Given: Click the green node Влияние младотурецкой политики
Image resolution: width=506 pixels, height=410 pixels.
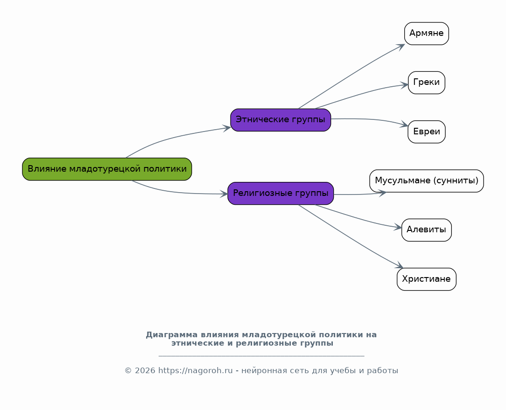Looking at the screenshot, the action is click(107, 169).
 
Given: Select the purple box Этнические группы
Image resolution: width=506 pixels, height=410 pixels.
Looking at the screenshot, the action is click(281, 120).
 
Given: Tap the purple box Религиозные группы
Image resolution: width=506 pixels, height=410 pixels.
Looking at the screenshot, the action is click(281, 193).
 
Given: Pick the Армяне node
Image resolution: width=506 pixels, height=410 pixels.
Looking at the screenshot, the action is click(426, 34).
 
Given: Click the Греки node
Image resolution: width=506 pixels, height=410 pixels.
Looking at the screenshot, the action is click(426, 83).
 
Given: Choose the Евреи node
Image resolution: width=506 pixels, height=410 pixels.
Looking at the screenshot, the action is click(426, 132).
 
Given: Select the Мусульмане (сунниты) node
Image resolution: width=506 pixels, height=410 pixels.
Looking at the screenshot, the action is click(426, 181).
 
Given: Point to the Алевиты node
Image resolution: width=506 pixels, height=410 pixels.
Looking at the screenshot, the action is click(426, 230).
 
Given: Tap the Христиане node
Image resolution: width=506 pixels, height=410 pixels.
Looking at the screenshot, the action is click(426, 279).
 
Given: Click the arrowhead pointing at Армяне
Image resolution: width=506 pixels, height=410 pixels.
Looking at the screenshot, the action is click(401, 47).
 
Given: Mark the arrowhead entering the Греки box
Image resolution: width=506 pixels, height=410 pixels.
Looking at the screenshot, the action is click(404, 85).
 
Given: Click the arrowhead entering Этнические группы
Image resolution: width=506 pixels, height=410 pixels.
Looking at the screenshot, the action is click(227, 128).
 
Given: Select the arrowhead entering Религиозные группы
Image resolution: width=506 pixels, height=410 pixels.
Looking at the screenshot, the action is click(224, 194).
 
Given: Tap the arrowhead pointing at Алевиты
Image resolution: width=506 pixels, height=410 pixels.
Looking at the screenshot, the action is click(398, 228).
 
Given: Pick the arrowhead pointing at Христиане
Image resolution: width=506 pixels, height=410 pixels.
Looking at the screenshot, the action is click(400, 265).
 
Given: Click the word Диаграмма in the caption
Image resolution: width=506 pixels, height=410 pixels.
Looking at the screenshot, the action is click(171, 335).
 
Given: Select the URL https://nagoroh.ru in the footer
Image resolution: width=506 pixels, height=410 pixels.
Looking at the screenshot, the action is click(195, 371).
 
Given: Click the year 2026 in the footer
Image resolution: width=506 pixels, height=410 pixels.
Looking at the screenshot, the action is click(145, 371).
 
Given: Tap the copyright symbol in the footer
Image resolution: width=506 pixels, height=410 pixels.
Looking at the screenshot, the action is click(128, 371).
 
